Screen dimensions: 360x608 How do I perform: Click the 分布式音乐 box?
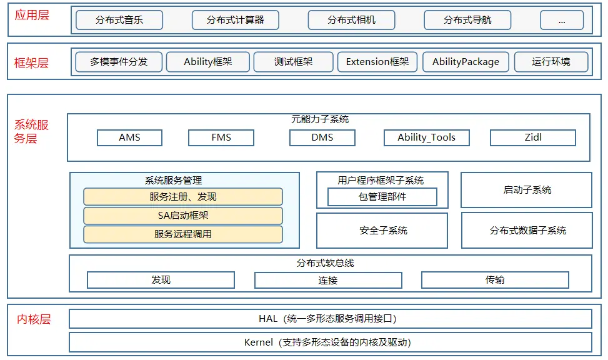pos(119,20)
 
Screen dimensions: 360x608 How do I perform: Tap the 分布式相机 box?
pos(352,20)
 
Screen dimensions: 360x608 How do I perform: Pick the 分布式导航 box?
pos(467,20)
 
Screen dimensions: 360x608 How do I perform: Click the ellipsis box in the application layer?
pos(561,20)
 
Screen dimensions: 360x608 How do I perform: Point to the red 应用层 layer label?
pos(31,14)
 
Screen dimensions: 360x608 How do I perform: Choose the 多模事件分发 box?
pos(118,62)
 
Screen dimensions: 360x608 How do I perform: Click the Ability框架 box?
pos(208,62)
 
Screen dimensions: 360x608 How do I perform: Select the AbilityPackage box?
pos(466,62)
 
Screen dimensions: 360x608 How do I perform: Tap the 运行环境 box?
pos(551,62)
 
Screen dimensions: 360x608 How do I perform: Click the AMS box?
pos(129,137)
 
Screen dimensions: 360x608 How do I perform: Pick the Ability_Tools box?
pos(426,137)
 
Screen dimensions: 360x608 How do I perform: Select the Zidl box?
pos(532,137)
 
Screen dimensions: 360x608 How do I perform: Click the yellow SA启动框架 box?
pos(182,216)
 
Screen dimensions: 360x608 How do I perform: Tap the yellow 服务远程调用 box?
pos(182,234)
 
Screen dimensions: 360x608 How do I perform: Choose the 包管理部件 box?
pos(382,197)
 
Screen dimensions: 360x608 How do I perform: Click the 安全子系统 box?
pos(382,231)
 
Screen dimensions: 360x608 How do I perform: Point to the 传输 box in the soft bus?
pos(495,280)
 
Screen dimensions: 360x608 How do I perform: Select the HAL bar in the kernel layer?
pos(329,319)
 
